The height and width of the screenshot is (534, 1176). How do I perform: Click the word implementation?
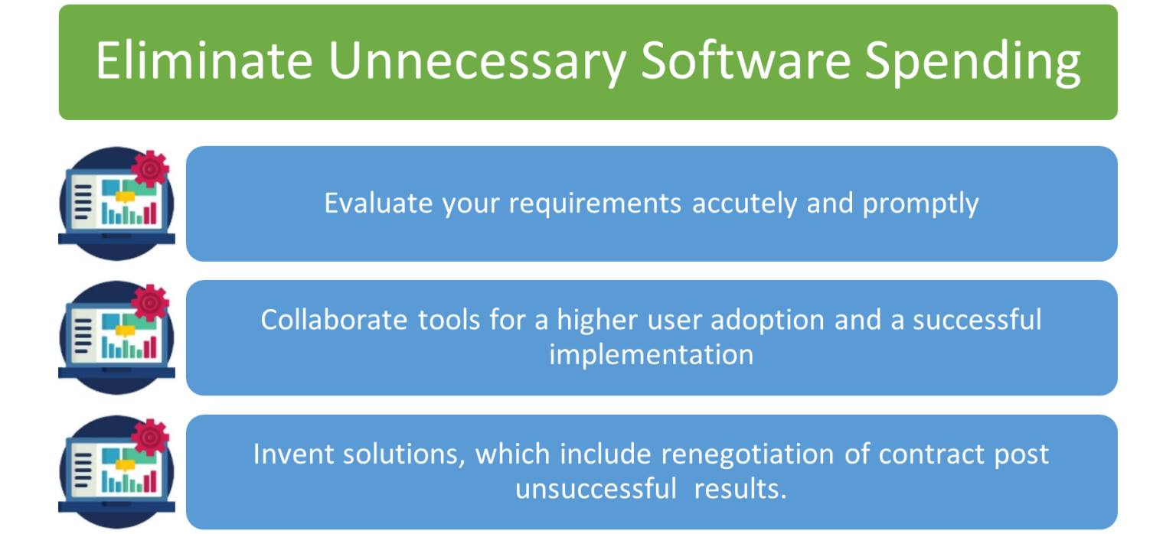click(x=651, y=355)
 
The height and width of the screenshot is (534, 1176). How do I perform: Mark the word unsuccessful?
click(x=596, y=489)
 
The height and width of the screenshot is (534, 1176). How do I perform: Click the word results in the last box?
click(x=740, y=489)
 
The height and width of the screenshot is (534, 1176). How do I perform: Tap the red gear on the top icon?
click(x=149, y=168)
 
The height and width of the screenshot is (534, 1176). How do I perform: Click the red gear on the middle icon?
click(x=149, y=302)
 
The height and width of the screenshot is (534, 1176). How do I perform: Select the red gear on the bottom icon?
click(x=149, y=437)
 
